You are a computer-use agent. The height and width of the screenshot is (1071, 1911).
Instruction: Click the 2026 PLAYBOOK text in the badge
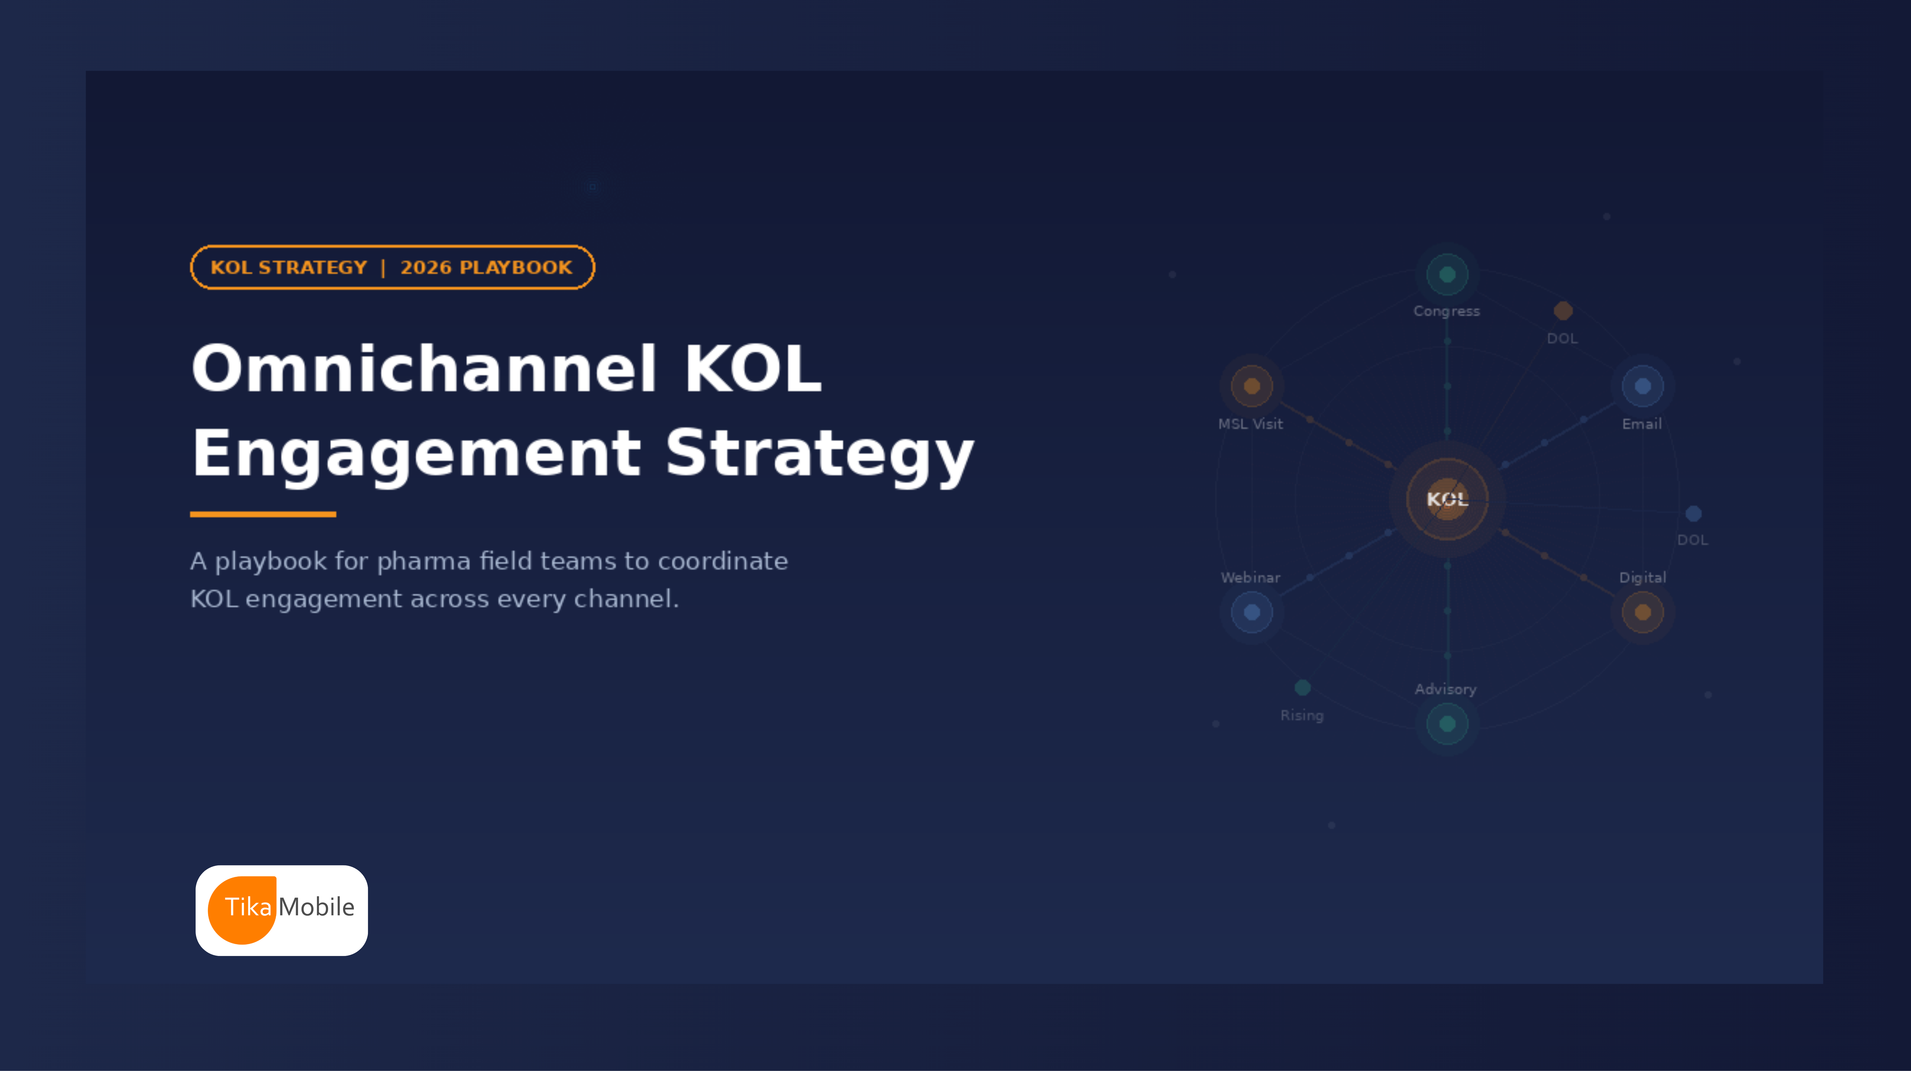[x=486, y=267]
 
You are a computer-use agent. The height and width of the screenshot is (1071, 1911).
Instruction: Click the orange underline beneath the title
[x=263, y=514]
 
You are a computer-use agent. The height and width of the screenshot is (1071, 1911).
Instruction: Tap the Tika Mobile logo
[x=281, y=910]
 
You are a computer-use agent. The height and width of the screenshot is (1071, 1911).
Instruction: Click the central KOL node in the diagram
[x=1447, y=499]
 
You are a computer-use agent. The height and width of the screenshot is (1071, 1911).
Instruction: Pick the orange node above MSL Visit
[x=1252, y=386]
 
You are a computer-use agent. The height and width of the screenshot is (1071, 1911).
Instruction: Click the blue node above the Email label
[x=1643, y=386]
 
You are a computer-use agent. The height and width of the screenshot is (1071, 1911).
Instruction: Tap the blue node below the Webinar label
[x=1252, y=612]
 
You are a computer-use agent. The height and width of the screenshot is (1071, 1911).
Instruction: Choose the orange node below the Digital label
[x=1643, y=612]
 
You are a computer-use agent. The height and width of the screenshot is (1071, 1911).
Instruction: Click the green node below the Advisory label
[x=1447, y=724]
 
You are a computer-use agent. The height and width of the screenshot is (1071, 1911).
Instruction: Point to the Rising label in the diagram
[x=1301, y=715]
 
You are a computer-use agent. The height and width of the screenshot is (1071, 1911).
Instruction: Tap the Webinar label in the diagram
[x=1250, y=577]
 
